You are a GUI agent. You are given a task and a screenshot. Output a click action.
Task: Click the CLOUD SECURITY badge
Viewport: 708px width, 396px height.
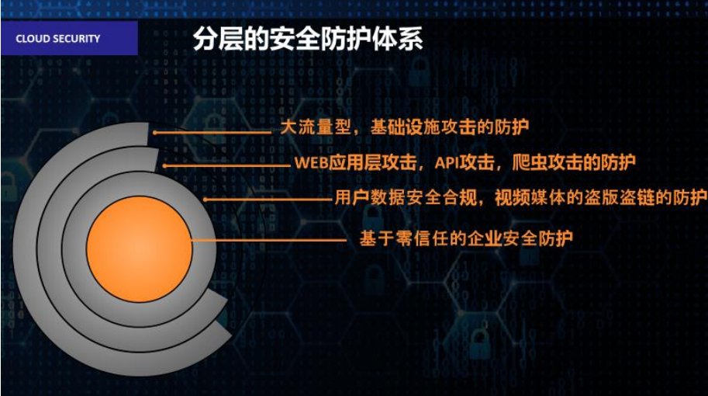pos(69,38)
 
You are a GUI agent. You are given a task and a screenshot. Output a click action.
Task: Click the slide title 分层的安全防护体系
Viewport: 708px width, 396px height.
pos(308,38)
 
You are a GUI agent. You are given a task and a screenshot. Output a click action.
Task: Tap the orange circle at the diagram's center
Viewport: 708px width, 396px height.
pos(140,249)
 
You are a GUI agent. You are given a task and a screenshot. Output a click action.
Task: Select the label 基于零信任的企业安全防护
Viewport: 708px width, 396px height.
pos(466,238)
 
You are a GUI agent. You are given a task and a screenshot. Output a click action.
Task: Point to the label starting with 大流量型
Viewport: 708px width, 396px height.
pos(405,127)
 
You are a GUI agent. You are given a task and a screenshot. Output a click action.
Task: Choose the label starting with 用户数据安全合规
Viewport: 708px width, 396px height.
pos(520,197)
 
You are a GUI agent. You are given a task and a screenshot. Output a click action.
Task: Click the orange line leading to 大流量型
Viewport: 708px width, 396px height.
pos(212,133)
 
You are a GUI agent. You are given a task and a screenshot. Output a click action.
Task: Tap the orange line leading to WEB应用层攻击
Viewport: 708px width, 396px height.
pos(226,166)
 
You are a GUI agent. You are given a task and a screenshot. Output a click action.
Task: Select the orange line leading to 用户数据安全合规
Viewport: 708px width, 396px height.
pos(268,199)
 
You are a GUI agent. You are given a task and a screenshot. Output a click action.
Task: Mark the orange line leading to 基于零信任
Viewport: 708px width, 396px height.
pos(269,240)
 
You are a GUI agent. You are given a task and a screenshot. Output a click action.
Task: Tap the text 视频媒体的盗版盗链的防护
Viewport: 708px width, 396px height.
pos(600,197)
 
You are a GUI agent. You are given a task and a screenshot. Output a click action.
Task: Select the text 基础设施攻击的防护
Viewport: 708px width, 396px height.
pos(450,127)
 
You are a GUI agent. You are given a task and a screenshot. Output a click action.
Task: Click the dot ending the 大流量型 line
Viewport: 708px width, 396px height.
pos(155,133)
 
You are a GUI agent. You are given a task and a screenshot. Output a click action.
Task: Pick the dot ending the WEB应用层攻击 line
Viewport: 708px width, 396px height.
pos(164,166)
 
